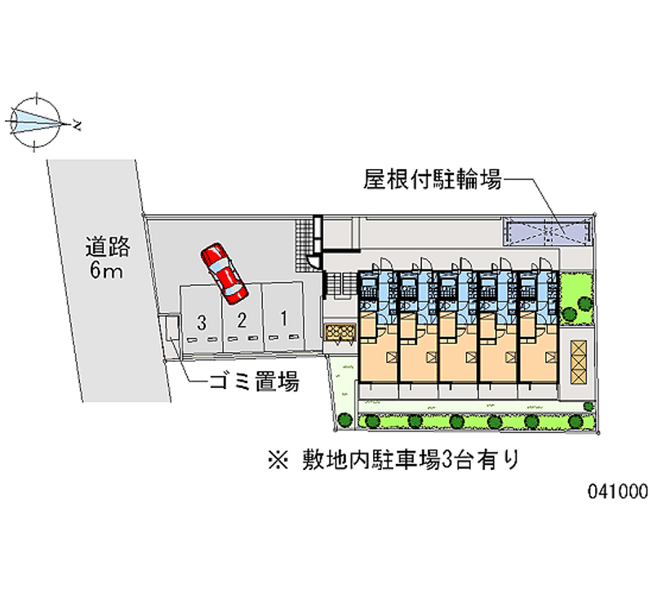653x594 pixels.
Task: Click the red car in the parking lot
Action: click(224, 273)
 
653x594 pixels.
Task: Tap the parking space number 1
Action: click(283, 319)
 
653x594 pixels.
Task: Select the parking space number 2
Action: click(242, 320)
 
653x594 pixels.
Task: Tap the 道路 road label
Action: click(108, 247)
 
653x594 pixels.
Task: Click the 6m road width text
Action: click(106, 270)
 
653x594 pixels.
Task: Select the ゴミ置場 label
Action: click(254, 381)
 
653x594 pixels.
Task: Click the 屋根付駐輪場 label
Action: click(433, 179)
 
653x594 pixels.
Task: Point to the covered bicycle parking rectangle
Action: click(546, 232)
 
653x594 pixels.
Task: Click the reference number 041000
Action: click(618, 491)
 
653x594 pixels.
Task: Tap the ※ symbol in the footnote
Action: click(278, 460)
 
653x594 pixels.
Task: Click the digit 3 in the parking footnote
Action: click(446, 460)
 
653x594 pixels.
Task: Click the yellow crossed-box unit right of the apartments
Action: click(579, 362)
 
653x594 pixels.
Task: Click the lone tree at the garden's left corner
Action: click(344, 419)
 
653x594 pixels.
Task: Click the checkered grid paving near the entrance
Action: click(304, 244)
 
